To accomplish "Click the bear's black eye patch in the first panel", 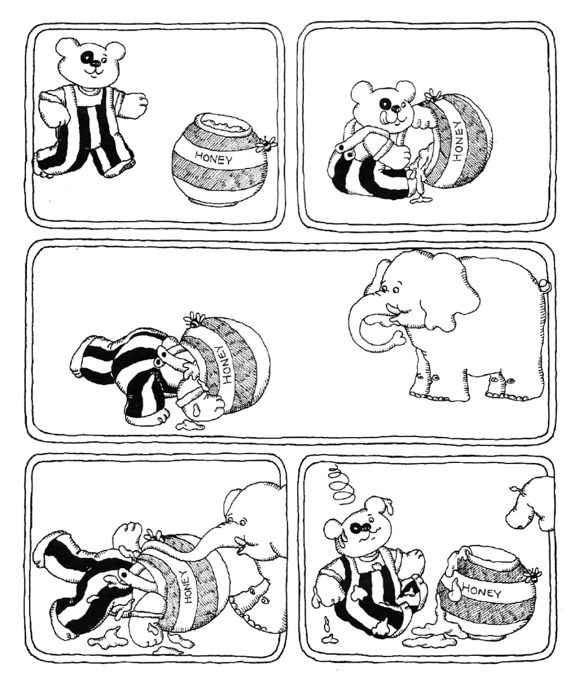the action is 88,58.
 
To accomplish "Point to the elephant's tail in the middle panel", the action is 545,284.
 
